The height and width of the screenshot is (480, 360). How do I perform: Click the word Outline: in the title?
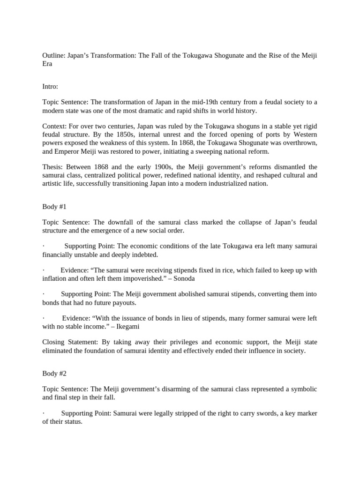click(x=54, y=55)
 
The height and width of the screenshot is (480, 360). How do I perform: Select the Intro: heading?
click(x=50, y=86)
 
